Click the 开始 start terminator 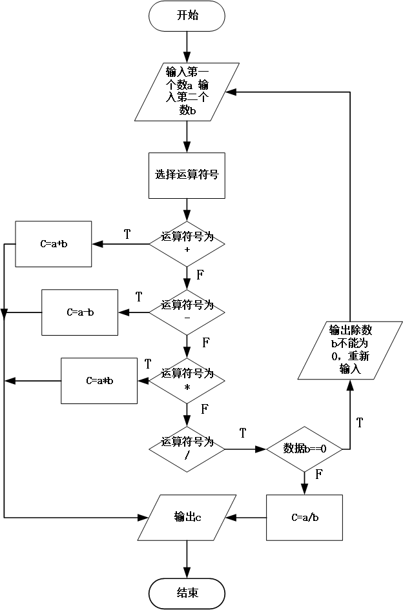pos(187,16)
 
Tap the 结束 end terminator pos(187,593)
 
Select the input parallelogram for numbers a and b pos(187,91)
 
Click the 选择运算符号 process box pos(187,174)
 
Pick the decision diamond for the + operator pos(187,244)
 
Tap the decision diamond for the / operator pos(187,449)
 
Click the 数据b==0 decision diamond pos(304,449)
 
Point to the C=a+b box pos(54,244)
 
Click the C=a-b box pos(80,312)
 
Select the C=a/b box pos(304,517)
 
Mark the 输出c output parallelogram pos(187,517)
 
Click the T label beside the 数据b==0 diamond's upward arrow pos(359,423)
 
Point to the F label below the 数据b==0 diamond pos(319,475)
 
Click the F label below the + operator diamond pos(200,275)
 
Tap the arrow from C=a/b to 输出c pos(249,517)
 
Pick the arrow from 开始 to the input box pos(187,45)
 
